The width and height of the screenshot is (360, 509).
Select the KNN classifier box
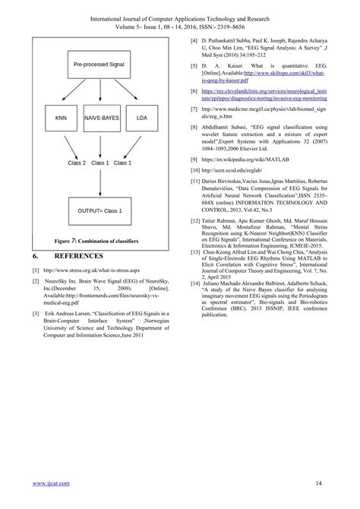61,119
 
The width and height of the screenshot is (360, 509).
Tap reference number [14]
195,261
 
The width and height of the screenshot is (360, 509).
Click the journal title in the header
180,13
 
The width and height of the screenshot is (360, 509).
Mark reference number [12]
195,220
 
